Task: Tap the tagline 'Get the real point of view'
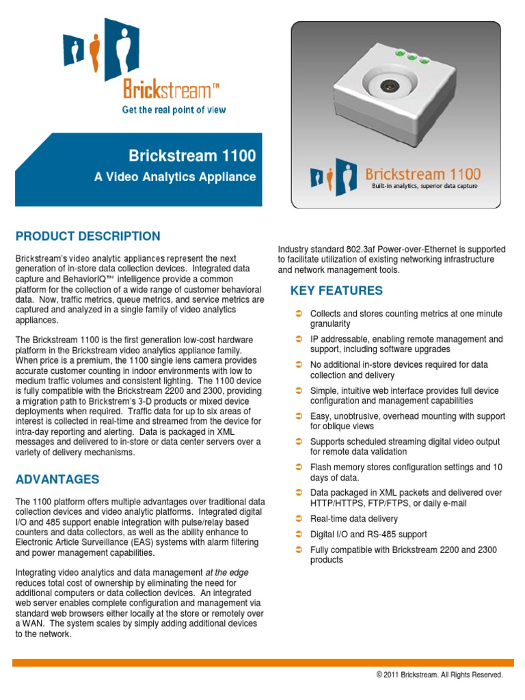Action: (x=174, y=110)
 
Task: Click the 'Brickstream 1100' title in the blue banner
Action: (x=193, y=156)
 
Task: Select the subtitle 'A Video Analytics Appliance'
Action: (x=175, y=177)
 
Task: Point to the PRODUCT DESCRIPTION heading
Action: (x=87, y=237)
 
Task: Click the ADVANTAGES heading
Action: (x=57, y=479)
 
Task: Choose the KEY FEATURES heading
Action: (x=336, y=291)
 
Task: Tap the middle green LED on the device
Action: (x=413, y=57)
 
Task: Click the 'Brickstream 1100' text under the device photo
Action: (x=422, y=174)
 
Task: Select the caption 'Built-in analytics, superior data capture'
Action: (x=425, y=186)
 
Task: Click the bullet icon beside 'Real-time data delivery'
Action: (x=299, y=519)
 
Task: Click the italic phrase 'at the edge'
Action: (x=227, y=571)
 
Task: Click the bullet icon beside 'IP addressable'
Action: (x=299, y=339)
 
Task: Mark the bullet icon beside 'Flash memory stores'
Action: (x=299, y=467)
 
